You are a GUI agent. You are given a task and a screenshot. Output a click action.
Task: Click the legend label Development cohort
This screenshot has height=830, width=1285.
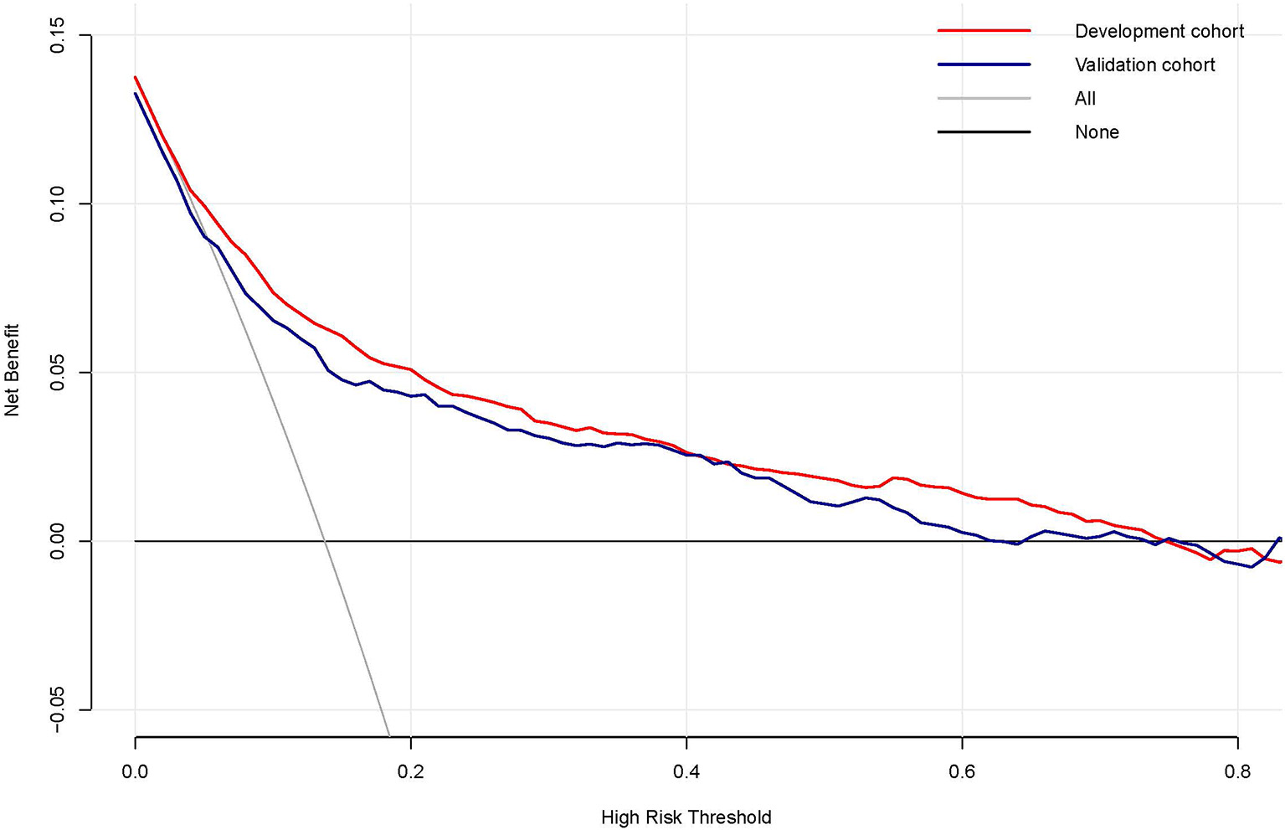click(1159, 31)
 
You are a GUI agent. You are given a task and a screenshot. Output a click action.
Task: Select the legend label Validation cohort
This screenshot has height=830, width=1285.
click(1144, 64)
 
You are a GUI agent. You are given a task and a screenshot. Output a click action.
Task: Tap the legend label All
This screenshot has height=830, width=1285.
click(1085, 99)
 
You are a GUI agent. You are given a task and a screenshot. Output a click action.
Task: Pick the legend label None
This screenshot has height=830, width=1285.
click(1097, 132)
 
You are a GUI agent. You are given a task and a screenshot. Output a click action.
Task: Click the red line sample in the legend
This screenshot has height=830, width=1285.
click(984, 31)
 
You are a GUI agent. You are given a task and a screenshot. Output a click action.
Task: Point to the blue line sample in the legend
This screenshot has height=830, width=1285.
click(984, 64)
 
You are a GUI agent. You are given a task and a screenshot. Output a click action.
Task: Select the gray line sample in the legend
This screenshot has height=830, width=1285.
click(984, 99)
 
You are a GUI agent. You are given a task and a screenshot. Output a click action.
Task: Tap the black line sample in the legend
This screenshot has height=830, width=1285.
click(984, 132)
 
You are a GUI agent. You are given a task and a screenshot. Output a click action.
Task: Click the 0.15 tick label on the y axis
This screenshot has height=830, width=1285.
click(58, 36)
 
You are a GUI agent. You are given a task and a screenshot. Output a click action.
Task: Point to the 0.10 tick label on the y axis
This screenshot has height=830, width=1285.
click(58, 204)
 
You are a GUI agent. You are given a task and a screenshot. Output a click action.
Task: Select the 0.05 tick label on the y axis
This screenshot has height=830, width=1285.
click(58, 373)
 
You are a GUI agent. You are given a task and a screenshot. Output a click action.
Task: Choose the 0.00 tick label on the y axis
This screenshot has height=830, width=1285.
click(58, 541)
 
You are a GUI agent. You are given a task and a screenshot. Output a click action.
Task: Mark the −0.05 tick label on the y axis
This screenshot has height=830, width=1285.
click(58, 710)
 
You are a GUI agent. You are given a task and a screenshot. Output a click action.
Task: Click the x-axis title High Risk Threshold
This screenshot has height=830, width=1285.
click(686, 817)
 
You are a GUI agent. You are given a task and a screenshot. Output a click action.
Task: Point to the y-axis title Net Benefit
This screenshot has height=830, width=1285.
click(12, 371)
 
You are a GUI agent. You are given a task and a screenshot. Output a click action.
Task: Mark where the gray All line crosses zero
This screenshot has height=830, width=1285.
click(324, 541)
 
